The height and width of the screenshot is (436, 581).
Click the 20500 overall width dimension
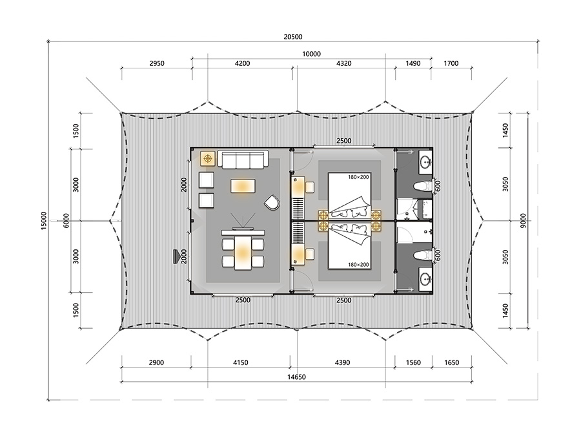292,37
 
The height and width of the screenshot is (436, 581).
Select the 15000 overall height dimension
44,221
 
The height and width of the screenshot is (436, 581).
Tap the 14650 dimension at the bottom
296,377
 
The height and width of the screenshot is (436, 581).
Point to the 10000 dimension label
311,54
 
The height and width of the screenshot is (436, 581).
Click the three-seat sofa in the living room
243,160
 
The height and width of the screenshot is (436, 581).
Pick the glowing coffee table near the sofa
243,186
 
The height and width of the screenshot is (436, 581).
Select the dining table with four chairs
243,253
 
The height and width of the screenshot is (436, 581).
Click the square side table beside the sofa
208,158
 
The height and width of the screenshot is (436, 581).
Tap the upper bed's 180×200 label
358,177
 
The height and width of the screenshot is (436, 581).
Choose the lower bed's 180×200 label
358,265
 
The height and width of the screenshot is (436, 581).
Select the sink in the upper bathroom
425,161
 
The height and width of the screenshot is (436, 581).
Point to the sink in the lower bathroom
425,278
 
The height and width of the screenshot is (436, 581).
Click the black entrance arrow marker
176,256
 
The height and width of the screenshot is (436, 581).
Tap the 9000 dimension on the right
523,221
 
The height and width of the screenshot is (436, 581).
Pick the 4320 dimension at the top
343,63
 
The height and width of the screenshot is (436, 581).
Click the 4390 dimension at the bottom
342,362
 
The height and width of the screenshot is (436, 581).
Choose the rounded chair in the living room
272,202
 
